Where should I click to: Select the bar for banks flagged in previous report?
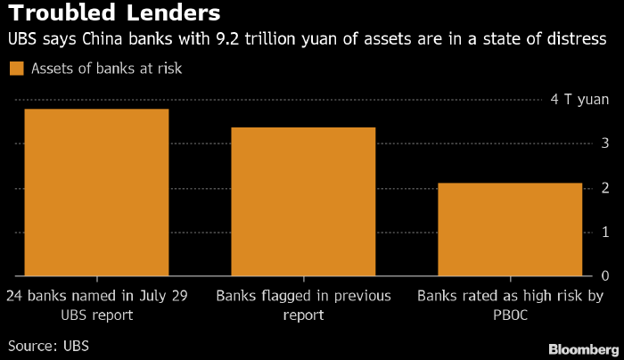(303, 201)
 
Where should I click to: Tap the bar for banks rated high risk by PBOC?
(510, 229)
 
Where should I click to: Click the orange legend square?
(15, 69)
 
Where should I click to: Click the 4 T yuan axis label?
(579, 100)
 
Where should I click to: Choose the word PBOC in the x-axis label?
(511, 315)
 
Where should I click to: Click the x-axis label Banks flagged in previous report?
(303, 306)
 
